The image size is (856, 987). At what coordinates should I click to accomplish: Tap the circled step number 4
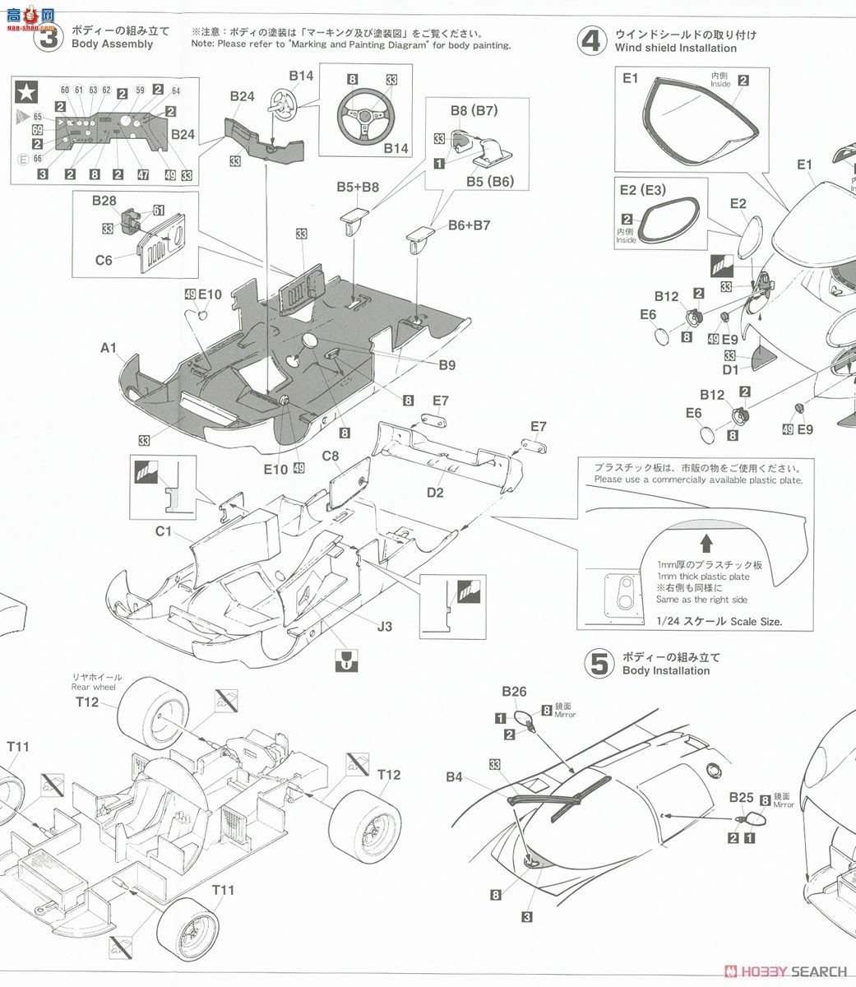591,40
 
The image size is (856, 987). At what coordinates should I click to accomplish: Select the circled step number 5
599,664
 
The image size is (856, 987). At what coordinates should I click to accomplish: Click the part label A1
109,348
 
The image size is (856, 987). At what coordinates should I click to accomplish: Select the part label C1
164,531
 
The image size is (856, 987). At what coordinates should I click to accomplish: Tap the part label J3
384,627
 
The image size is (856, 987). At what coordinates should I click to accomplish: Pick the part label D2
435,493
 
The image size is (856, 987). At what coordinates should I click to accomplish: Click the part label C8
331,456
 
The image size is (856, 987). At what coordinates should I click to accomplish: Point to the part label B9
447,365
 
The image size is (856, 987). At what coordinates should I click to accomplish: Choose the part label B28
104,201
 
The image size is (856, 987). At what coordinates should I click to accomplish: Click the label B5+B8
358,187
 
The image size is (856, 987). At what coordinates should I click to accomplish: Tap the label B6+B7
469,225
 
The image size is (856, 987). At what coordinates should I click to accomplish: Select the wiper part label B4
455,776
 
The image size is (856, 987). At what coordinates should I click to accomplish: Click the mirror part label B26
514,692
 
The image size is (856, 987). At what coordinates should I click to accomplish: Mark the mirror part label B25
741,797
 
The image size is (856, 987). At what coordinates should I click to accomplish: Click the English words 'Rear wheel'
93,687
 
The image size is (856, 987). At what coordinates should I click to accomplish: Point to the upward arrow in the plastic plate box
705,544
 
